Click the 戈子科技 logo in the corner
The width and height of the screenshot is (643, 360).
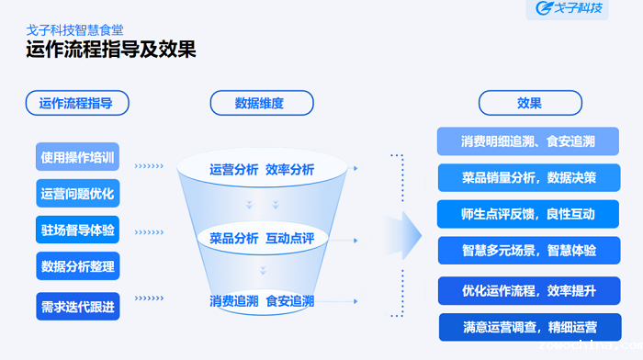(x=571, y=10)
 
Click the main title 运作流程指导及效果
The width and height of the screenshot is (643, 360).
(x=111, y=50)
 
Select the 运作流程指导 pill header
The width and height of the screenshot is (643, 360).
(x=78, y=103)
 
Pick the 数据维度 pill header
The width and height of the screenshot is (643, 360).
(x=262, y=103)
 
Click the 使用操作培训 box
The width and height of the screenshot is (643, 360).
(x=78, y=157)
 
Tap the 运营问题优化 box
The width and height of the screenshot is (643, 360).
(x=78, y=194)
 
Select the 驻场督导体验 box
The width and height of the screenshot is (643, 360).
(x=78, y=230)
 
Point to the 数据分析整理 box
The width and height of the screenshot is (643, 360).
(x=78, y=266)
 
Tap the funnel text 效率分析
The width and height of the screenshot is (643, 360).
(x=289, y=170)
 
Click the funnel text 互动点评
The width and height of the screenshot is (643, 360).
(x=289, y=239)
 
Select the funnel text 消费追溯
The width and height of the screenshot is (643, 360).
(x=233, y=300)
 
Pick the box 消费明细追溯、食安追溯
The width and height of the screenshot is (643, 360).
(x=527, y=141)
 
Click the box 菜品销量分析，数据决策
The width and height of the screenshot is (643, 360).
(x=527, y=177)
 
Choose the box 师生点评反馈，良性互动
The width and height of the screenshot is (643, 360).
(x=527, y=214)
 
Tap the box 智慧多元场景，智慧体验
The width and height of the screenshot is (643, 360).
(x=527, y=250)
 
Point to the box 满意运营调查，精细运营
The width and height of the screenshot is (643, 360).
(x=529, y=326)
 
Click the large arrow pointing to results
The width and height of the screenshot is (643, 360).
(x=400, y=236)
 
